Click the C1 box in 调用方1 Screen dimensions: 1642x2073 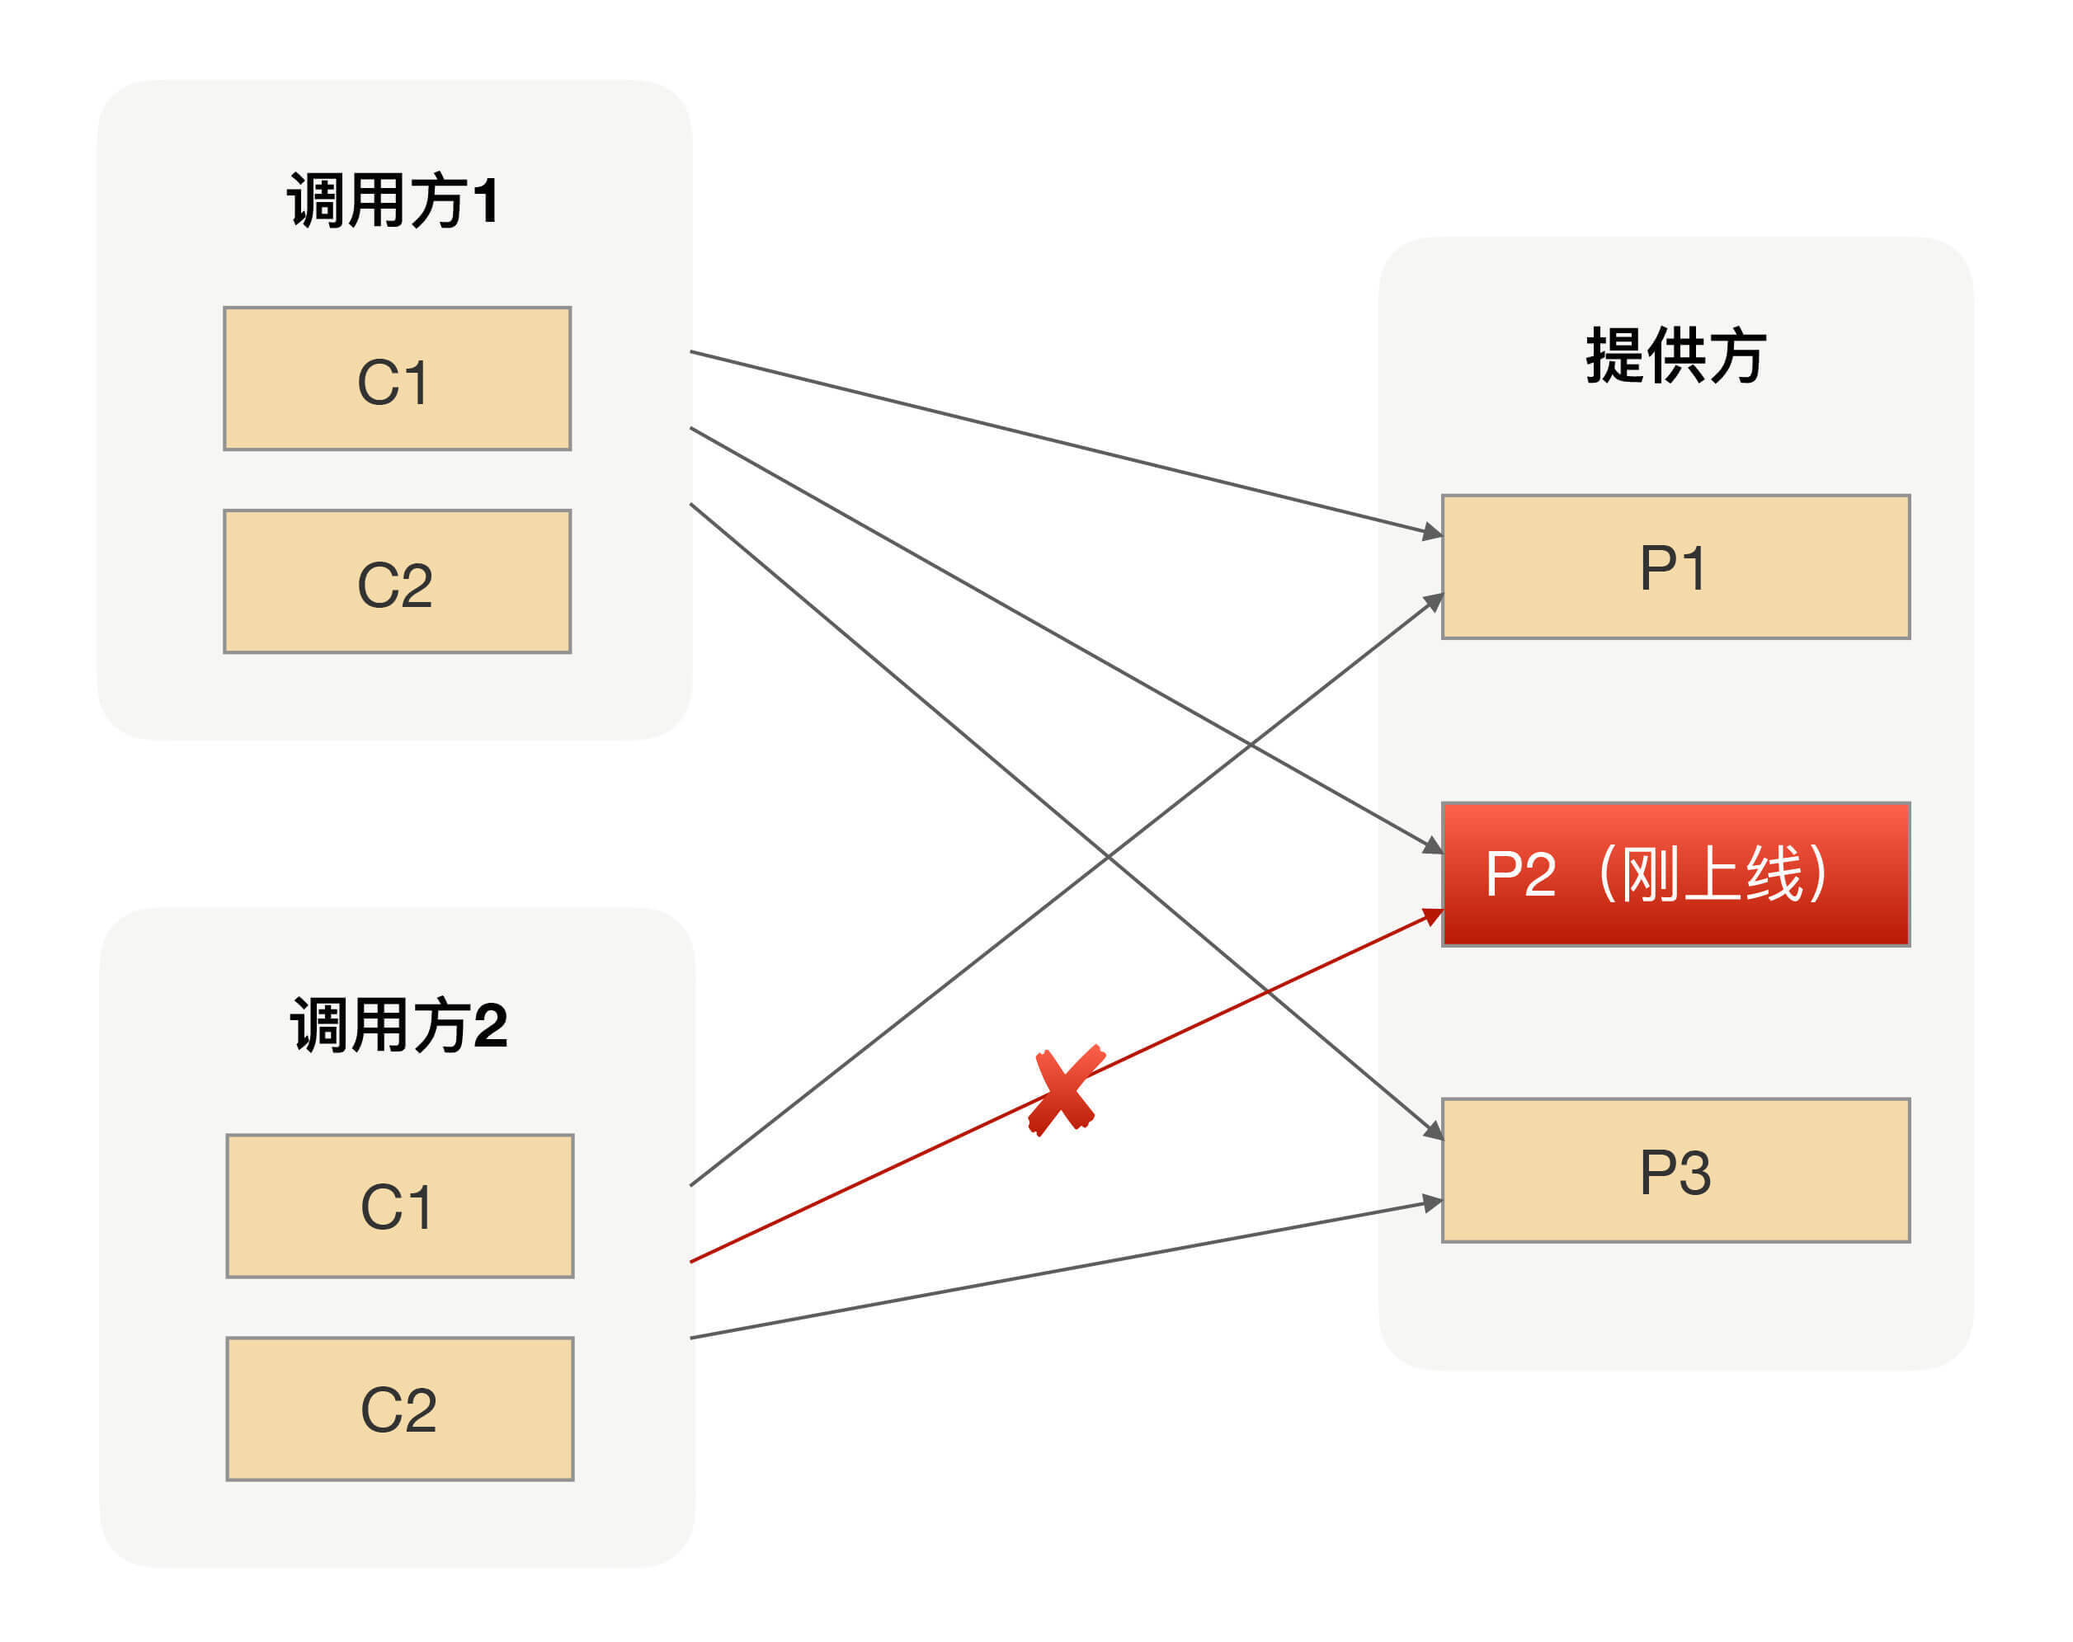pyautogui.click(x=397, y=379)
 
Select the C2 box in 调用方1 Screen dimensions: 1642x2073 pyautogui.click(x=397, y=581)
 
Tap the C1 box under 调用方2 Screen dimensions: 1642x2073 pyautogui.click(x=400, y=1207)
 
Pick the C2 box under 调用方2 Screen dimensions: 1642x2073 pyautogui.click(x=400, y=1409)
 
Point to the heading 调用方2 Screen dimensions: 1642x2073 pyautogui.click(x=398, y=1025)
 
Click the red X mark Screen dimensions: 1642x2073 pyautogui.click(x=1064, y=1090)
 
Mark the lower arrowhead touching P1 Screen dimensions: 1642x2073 pyautogui.click(x=1434, y=602)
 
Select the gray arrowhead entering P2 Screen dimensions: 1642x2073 pyautogui.click(x=1433, y=846)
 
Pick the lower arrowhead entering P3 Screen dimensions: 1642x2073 pyautogui.click(x=1433, y=1202)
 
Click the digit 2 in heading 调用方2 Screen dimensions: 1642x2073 pyautogui.click(x=490, y=1026)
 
